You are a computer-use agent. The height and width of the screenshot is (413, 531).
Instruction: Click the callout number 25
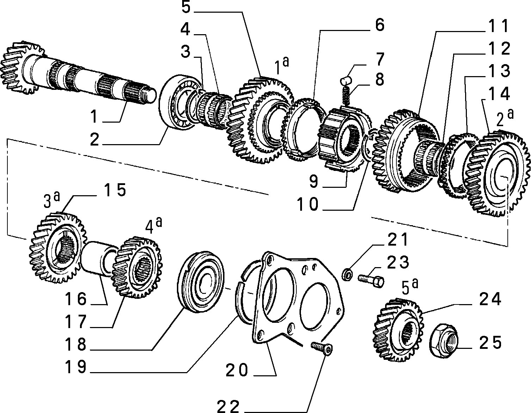pyautogui.click(x=490, y=343)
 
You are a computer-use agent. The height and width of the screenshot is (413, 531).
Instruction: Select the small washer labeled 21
pyautogui.click(x=347, y=275)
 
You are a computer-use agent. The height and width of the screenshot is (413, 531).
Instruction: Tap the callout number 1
pyautogui.click(x=94, y=116)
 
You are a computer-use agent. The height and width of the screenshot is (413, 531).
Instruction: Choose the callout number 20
pyautogui.click(x=237, y=370)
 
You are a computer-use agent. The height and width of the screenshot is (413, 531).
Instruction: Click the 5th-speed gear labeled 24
pyautogui.click(x=398, y=329)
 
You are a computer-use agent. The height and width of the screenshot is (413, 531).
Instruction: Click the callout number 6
pyautogui.click(x=379, y=25)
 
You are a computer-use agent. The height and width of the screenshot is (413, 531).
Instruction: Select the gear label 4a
pyautogui.click(x=154, y=226)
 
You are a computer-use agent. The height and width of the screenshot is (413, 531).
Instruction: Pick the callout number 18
pyautogui.click(x=75, y=344)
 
